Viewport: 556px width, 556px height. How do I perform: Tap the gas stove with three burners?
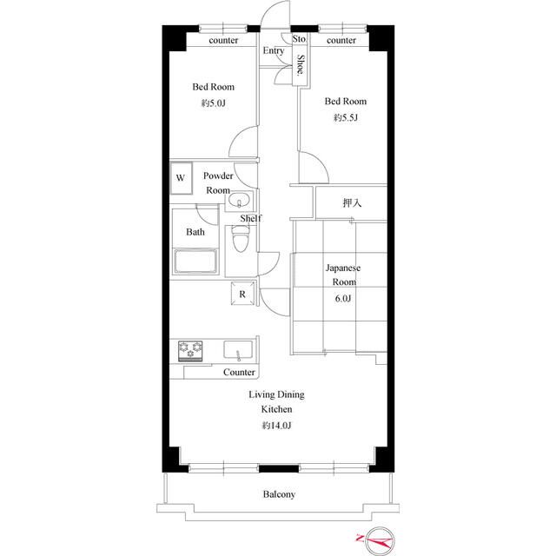[x=190, y=351]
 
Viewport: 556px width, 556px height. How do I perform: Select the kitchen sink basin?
[x=238, y=349]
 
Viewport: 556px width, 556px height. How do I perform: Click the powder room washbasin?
[x=240, y=201]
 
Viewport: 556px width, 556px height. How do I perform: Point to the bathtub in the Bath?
[x=195, y=261]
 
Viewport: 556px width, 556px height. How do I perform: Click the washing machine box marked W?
[x=181, y=178]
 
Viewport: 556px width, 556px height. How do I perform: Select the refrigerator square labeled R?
[x=242, y=294]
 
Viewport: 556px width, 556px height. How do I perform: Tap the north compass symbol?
[x=379, y=539]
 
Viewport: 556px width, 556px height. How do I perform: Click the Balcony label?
[x=279, y=494]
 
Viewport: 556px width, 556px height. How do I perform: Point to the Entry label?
[x=274, y=50]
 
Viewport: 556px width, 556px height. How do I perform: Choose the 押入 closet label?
[x=352, y=202]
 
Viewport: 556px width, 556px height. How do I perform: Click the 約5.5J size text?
[x=346, y=118]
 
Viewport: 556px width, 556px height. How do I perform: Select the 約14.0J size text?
[x=276, y=425]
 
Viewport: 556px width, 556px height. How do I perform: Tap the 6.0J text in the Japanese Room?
[x=343, y=299]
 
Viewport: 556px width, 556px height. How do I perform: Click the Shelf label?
[x=251, y=218]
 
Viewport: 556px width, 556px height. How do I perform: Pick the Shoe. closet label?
[x=301, y=64]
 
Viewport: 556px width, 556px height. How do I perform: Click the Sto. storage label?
[x=299, y=38]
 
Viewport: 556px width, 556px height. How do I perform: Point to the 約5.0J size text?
[x=214, y=103]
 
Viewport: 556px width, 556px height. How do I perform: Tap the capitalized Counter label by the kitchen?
[x=239, y=372]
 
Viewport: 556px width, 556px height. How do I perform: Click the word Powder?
[x=218, y=175]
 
